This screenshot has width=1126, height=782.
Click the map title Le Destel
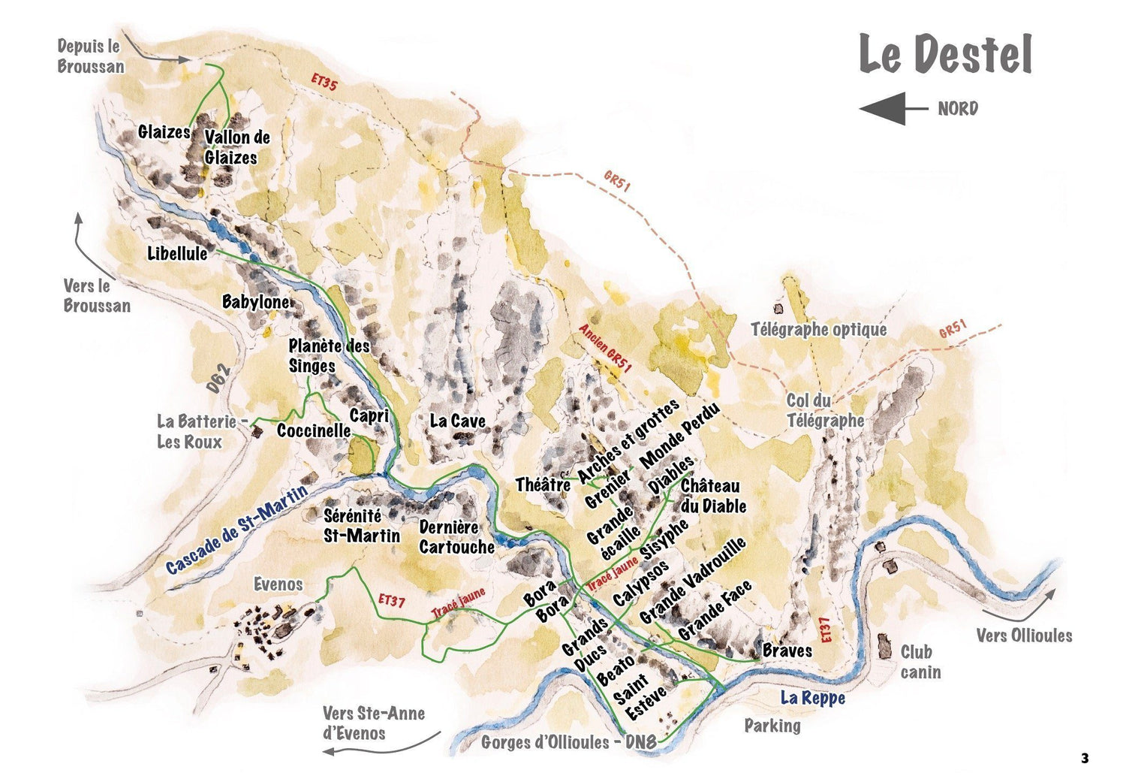[945, 54]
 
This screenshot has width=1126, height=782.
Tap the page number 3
[1084, 758]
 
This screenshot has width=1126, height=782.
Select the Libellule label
[177, 254]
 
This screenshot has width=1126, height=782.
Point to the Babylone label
[255, 302]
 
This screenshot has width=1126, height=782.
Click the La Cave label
[457, 421]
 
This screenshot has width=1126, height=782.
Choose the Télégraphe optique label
[819, 329]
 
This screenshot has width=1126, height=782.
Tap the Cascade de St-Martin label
[236, 530]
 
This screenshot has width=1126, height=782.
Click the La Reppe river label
[812, 698]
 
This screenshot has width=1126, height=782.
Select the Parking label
[772, 725]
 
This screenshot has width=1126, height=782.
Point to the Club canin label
[920, 662]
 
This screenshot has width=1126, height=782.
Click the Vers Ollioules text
[1024, 636]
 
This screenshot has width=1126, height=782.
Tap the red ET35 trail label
[324, 83]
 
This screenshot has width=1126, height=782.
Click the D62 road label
[218, 379]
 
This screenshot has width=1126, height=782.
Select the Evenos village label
[278, 584]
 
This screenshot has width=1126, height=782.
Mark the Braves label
[787, 651]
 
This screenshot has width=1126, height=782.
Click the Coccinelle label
[313, 430]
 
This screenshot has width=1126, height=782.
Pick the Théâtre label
[543, 485]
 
